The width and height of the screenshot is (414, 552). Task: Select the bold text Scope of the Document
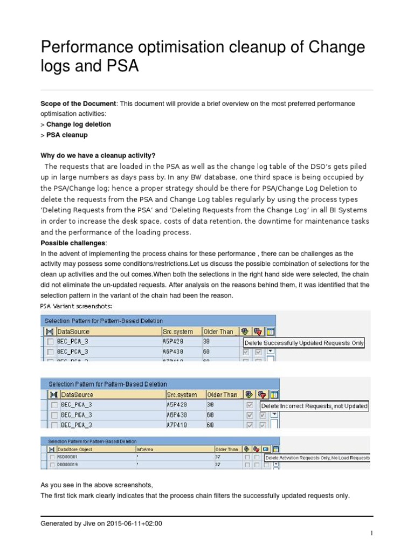pyautogui.click(x=78, y=103)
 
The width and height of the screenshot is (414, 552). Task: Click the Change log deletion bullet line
pyautogui.click(x=78, y=125)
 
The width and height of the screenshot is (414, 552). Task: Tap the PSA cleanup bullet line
pyautogui.click(x=66, y=135)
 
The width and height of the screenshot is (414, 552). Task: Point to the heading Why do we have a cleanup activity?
pyautogui.click(x=98, y=155)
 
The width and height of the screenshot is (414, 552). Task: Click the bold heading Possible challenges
pyautogui.click(x=74, y=243)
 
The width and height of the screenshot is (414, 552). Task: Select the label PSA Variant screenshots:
pyautogui.click(x=76, y=306)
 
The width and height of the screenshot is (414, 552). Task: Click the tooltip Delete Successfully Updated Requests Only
pyautogui.click(x=304, y=343)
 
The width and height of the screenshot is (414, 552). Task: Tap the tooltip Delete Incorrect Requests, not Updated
pyautogui.click(x=315, y=406)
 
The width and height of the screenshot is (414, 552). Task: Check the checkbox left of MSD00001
pyautogui.click(x=52, y=457)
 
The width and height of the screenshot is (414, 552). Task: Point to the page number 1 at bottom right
pyautogui.click(x=371, y=533)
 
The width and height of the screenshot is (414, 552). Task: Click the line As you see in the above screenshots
pyautogui.click(x=96, y=485)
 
